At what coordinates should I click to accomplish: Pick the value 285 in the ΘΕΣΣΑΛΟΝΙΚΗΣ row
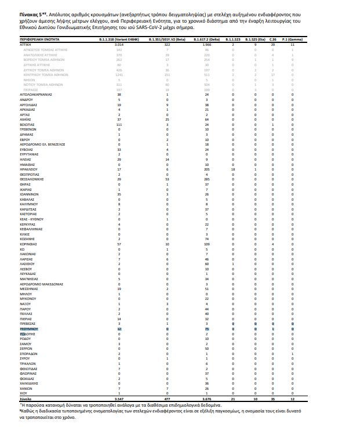click(206, 179)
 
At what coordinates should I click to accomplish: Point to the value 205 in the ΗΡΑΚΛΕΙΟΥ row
click(206, 169)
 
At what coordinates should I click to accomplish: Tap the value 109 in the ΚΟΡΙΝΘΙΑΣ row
click(206, 244)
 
